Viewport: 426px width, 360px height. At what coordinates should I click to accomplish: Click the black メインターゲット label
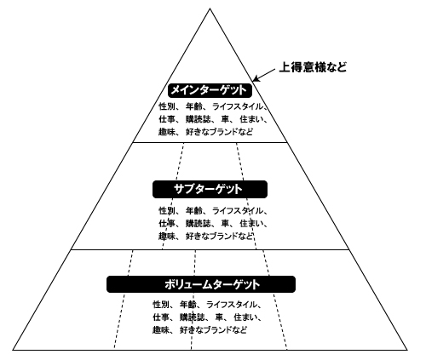210,90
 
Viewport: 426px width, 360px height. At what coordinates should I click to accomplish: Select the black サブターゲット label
210,189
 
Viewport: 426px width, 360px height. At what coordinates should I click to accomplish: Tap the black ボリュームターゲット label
201,284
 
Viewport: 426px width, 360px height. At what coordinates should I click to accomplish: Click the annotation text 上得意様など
313,67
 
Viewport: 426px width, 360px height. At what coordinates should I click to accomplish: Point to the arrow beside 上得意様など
264,75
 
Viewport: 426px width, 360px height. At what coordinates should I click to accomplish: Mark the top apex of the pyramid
210,9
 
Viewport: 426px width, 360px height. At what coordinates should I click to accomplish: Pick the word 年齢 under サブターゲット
194,211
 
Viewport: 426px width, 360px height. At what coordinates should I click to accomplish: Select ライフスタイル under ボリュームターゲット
231,305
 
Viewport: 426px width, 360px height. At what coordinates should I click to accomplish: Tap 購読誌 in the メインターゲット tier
199,119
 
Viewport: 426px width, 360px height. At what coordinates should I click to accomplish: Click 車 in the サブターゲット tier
225,224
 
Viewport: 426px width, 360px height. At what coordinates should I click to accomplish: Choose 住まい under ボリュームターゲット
246,317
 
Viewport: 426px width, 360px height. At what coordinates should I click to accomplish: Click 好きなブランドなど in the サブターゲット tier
219,236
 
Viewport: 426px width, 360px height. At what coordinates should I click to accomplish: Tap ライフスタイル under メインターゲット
237,107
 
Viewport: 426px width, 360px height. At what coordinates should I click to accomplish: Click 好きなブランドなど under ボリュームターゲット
213,330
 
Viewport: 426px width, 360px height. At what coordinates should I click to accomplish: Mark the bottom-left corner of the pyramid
13,350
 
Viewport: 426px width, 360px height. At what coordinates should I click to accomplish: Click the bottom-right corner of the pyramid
407,350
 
